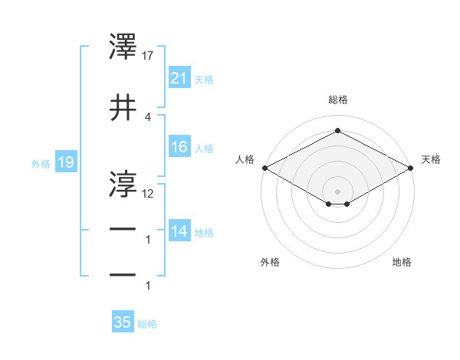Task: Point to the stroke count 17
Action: coord(148,56)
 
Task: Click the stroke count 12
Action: coord(148,194)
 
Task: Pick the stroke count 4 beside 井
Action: coord(147,116)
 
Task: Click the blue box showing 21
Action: coord(179,77)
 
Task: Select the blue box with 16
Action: coord(179,147)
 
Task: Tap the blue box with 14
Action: coord(179,231)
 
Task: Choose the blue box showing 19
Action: coord(66,162)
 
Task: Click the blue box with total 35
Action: coord(123,322)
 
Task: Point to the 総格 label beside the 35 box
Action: coord(147,324)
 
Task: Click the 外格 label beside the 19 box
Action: coord(41,163)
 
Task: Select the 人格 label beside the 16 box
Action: coord(204,148)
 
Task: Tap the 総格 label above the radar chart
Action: coord(337,100)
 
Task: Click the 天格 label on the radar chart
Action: coord(432,159)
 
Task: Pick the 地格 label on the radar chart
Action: coord(402,262)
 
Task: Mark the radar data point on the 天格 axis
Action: coord(411,168)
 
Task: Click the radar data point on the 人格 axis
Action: coord(264,168)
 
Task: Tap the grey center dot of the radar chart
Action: coord(337,190)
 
